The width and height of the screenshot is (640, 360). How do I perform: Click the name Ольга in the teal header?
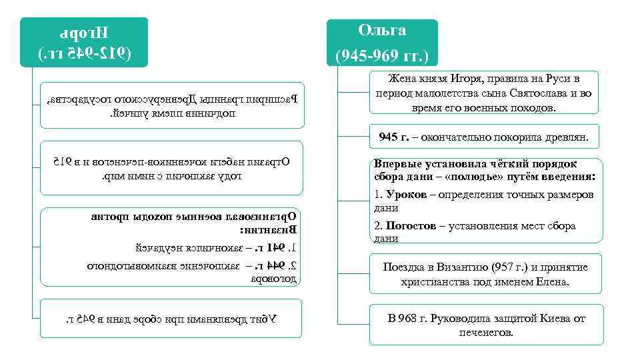coord(382,31)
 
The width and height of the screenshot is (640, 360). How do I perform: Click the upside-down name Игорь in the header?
coord(84,32)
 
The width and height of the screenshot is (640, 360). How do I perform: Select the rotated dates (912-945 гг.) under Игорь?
coord(84,52)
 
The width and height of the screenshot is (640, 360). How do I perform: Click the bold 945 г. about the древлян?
coord(393,137)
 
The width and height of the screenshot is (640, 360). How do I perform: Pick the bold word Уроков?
coord(405,195)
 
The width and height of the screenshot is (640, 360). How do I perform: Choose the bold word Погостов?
coord(411,226)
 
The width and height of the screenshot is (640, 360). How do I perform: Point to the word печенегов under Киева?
coord(487,332)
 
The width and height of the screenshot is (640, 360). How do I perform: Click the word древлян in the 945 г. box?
coord(567,137)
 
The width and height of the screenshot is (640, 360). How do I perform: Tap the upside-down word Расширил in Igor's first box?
coord(277,99)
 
